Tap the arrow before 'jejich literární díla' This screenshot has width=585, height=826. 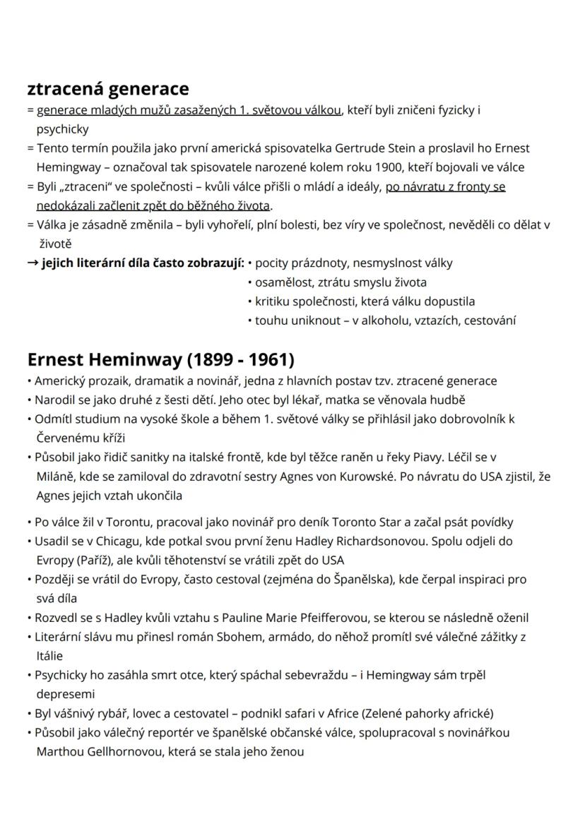click(32, 263)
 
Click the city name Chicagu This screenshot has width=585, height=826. click(114, 541)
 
